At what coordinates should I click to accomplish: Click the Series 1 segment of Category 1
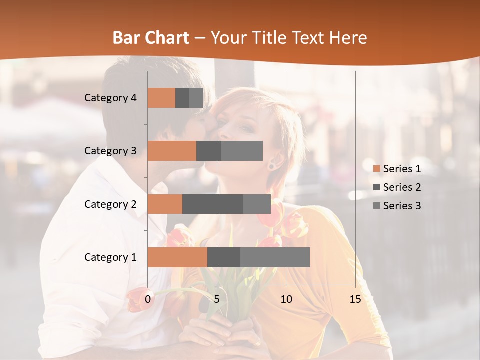click(177, 257)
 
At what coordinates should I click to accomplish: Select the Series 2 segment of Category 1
click(224, 257)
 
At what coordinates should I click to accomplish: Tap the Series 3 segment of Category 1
click(275, 257)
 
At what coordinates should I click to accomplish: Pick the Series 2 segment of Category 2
click(213, 204)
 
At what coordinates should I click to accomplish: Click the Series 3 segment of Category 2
click(257, 204)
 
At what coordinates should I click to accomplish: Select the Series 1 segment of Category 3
click(172, 151)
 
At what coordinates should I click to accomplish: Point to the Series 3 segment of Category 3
click(242, 151)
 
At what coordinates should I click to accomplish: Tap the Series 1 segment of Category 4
click(161, 98)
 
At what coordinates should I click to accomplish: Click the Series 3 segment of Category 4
click(196, 98)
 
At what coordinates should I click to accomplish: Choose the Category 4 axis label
click(110, 98)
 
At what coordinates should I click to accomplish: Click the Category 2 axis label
click(110, 204)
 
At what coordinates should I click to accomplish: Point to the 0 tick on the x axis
click(148, 299)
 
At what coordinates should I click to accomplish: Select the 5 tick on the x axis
click(217, 299)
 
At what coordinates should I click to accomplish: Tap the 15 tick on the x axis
click(355, 299)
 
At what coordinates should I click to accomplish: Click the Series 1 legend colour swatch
click(377, 169)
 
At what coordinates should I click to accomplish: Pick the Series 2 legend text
click(402, 187)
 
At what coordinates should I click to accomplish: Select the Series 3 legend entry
click(397, 206)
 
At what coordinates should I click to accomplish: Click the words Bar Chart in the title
click(151, 37)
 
